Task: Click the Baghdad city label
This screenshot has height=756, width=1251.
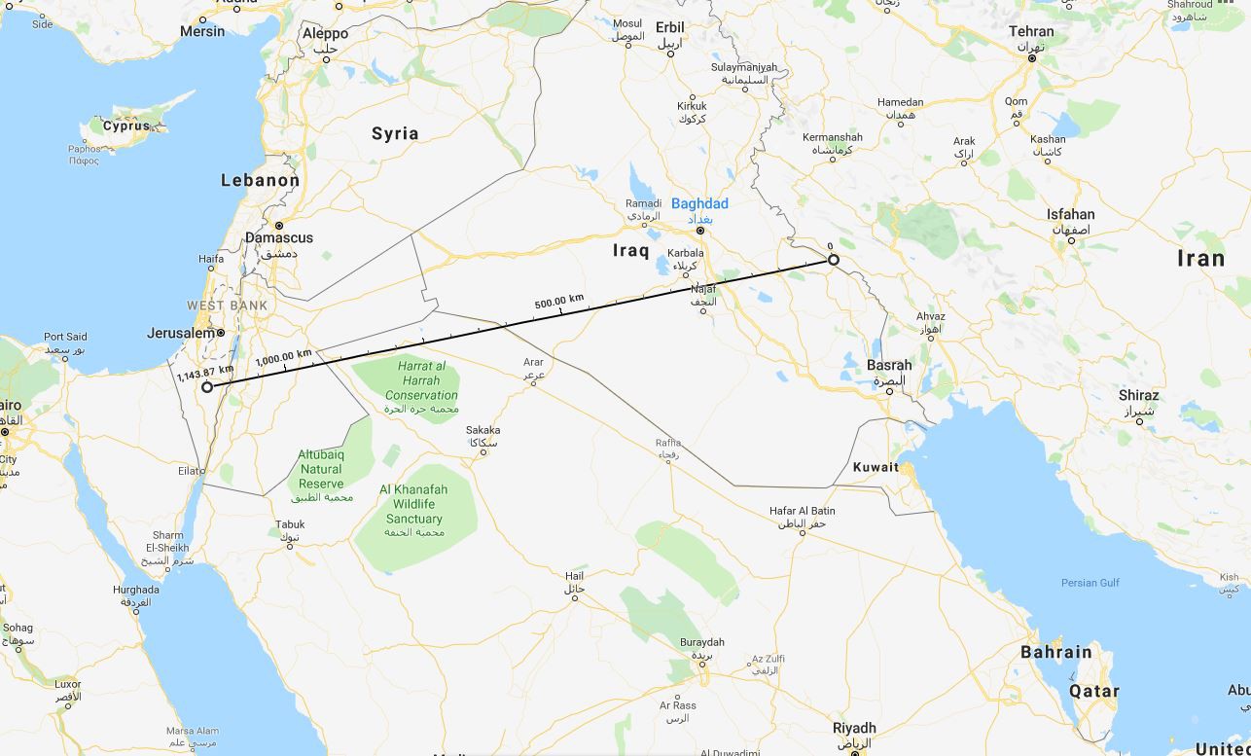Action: tap(699, 204)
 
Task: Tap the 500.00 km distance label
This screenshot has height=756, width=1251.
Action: tap(559, 302)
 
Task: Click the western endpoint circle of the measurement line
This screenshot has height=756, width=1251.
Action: tap(207, 387)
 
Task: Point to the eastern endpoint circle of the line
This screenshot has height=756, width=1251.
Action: tap(834, 260)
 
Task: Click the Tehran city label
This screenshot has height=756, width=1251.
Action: tap(1031, 31)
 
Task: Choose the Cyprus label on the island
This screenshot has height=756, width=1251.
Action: tap(126, 126)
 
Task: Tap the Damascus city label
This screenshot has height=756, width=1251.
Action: tap(279, 237)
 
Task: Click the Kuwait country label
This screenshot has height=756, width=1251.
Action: tap(876, 467)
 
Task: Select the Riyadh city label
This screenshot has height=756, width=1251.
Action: tap(854, 728)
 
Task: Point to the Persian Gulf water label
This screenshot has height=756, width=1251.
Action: tap(1090, 583)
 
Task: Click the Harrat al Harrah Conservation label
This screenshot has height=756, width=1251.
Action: tap(421, 380)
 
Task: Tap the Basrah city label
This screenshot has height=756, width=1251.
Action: tap(889, 366)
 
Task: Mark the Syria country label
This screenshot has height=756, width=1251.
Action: tap(395, 133)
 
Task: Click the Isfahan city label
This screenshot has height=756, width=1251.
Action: tap(1070, 214)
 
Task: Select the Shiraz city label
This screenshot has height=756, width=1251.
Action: tap(1138, 396)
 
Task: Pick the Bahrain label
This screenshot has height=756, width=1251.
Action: tap(1055, 652)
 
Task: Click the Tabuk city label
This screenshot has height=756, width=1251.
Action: tap(290, 525)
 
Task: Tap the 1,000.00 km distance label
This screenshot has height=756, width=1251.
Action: tap(283, 356)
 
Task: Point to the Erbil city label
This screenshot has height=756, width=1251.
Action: tap(670, 27)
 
